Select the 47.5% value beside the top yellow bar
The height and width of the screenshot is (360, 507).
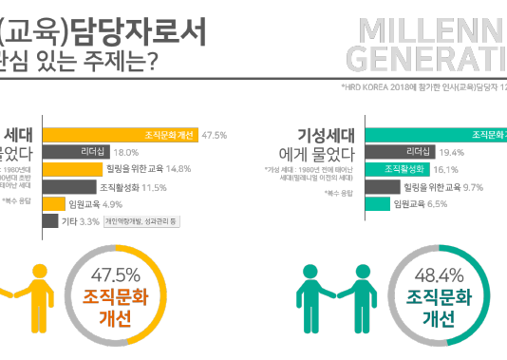tap(215, 135)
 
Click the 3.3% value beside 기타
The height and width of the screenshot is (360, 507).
tap(89, 221)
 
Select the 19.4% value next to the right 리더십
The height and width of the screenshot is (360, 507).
tap(451, 152)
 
